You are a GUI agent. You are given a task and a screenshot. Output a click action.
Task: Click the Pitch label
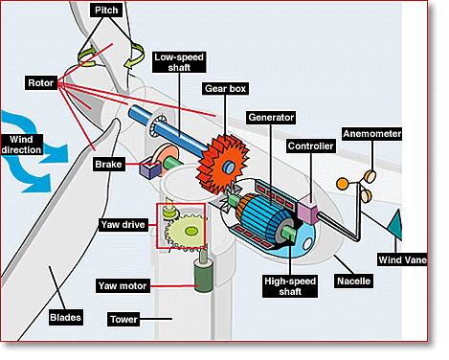tap(105, 10)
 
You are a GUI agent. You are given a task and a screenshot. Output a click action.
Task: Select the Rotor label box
tap(41, 83)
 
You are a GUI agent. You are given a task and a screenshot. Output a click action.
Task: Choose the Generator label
tap(271, 117)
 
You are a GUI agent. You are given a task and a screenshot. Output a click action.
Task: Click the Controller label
tap(309, 146)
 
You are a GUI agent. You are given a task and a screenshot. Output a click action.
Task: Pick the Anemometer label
tap(370, 134)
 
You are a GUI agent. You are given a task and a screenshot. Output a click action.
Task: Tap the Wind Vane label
tap(402, 259)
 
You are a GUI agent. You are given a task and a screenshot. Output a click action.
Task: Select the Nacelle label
tap(353, 281)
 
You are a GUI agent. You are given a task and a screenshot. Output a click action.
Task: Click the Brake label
tap(108, 165)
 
